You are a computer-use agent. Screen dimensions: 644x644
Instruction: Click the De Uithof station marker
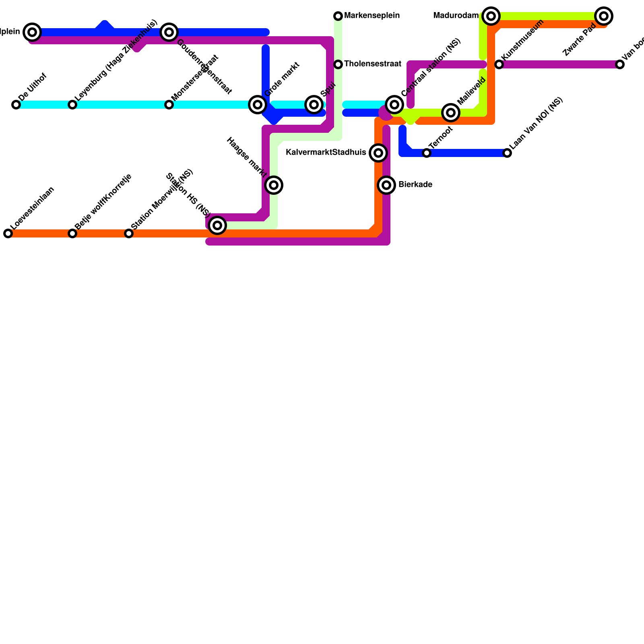click(16, 105)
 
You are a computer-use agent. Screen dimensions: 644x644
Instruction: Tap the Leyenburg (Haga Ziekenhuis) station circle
click(72, 105)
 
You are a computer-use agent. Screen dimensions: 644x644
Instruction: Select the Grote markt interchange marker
click(258, 105)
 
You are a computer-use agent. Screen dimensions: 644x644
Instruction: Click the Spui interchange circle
click(314, 105)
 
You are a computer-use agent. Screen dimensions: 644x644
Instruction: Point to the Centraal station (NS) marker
click(394, 105)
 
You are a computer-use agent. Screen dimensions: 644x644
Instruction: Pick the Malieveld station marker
click(451, 113)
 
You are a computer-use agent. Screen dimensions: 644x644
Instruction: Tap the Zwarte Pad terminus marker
click(604, 16)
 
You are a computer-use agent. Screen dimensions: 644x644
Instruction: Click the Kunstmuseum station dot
click(499, 64)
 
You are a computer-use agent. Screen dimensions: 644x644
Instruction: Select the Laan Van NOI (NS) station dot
click(507, 153)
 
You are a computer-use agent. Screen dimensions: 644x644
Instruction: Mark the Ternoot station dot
click(427, 153)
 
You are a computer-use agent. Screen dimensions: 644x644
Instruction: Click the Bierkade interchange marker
click(386, 185)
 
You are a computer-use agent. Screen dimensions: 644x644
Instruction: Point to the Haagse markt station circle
click(274, 185)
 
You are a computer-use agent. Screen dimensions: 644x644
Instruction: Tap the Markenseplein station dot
click(338, 16)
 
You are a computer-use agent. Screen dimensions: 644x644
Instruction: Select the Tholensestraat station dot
click(338, 64)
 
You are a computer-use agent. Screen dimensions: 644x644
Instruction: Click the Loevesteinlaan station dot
click(8, 233)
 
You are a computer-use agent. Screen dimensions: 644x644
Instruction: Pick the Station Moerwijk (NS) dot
click(129, 233)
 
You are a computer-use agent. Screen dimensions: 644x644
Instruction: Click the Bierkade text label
click(415, 185)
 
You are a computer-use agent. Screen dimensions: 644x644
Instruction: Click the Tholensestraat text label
click(373, 64)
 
